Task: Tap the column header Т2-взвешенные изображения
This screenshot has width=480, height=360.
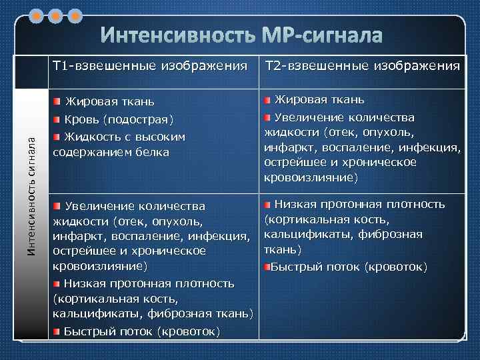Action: [363, 66]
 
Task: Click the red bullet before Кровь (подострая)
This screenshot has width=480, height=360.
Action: [57, 119]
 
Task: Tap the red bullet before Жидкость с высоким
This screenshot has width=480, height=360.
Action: [57, 136]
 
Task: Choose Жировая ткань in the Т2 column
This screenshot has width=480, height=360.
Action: [319, 100]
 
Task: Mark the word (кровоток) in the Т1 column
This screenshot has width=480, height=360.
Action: [189, 332]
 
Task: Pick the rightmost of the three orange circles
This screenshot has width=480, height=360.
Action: [75, 14]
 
